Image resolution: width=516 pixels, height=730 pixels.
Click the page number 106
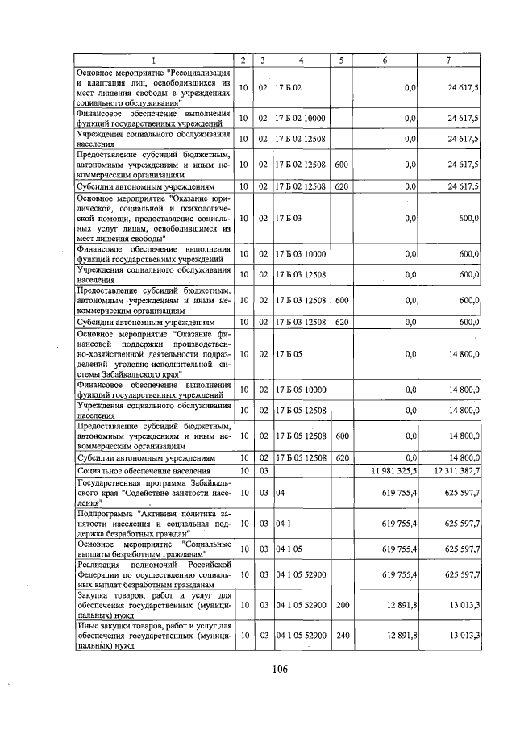point(280,669)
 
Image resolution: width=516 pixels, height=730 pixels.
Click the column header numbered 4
point(301,60)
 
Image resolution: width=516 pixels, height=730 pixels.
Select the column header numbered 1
point(154,60)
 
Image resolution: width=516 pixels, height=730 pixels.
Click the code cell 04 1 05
point(288,550)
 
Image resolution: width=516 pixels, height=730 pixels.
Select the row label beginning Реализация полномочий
point(154,574)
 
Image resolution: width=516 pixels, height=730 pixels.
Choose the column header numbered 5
point(341,60)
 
